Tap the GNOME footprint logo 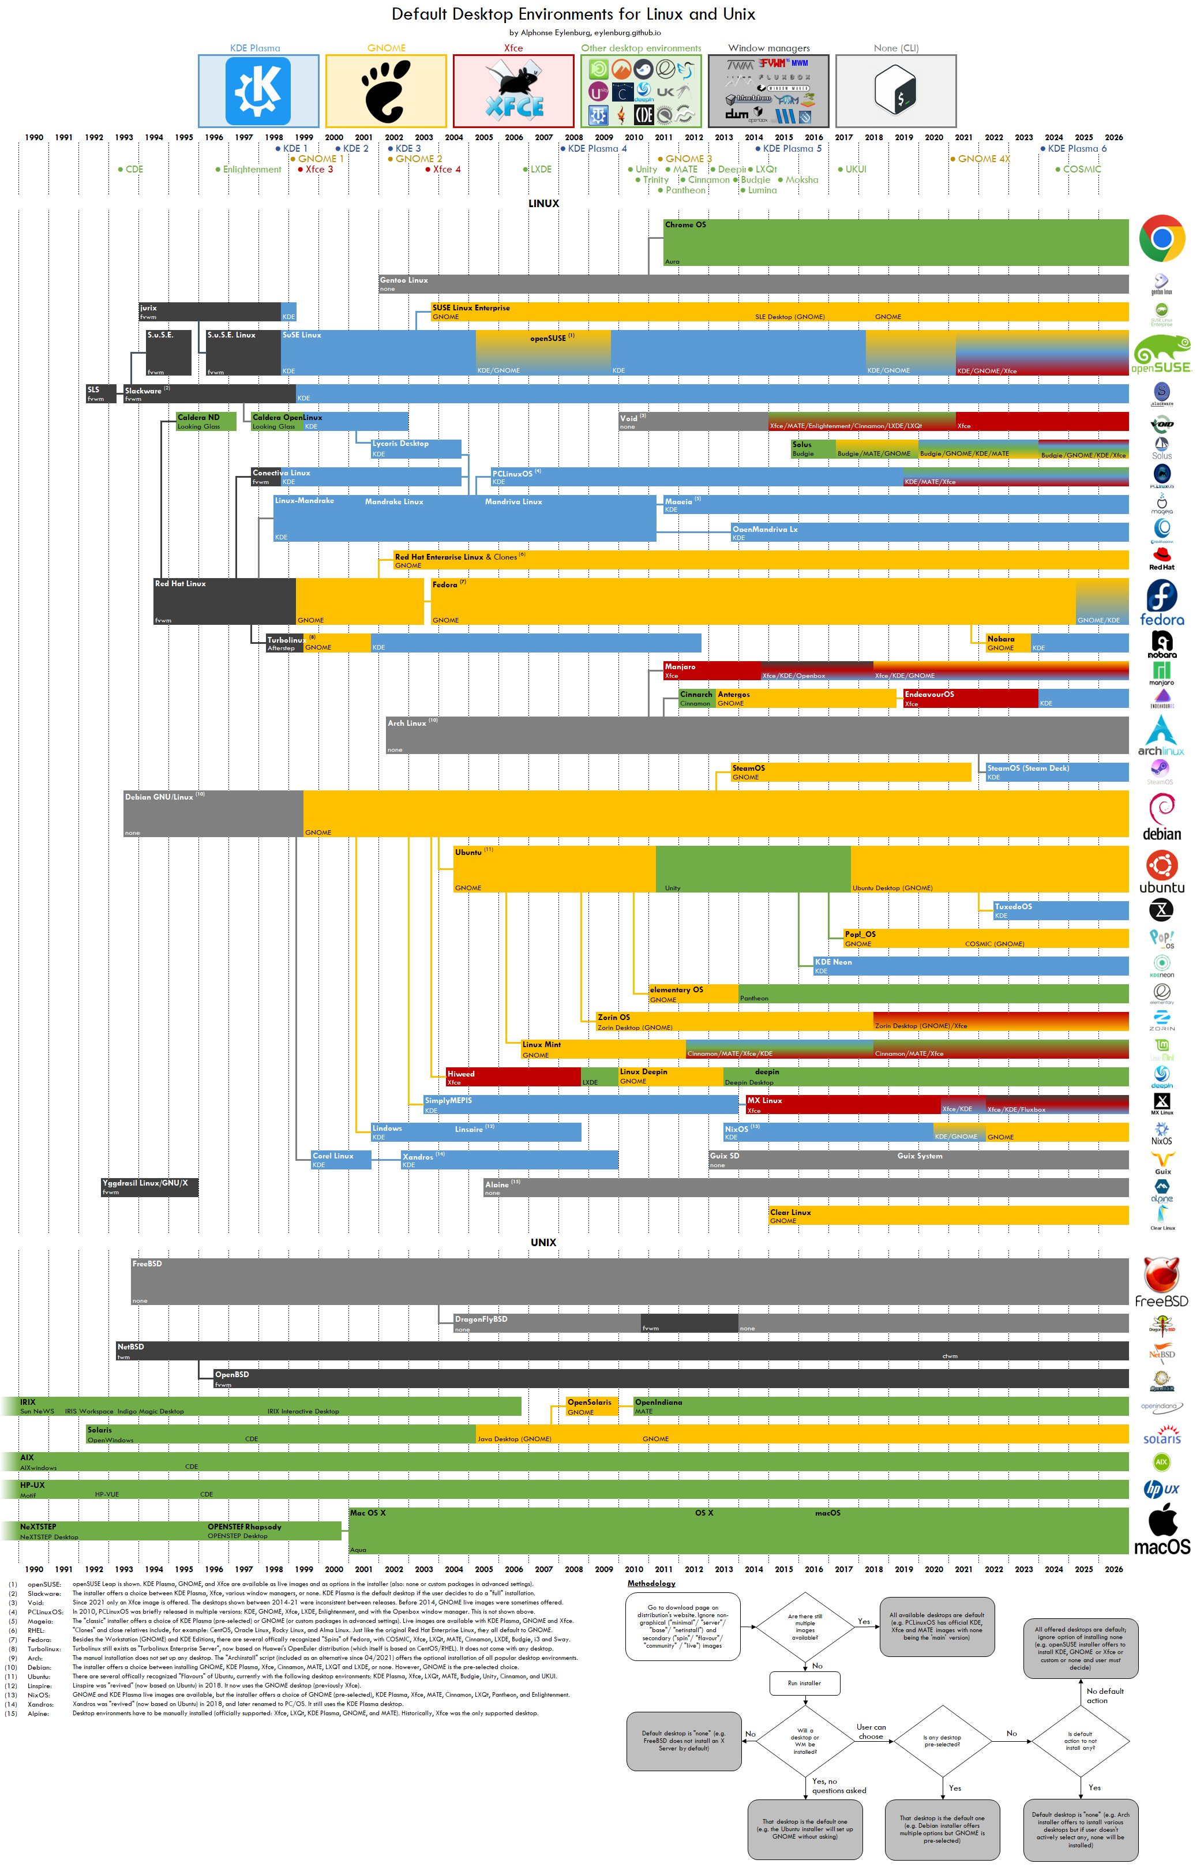tap(386, 92)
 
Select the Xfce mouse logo tap(513, 92)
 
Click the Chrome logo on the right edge tap(1162, 238)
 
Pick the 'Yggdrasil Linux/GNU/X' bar tap(148, 1187)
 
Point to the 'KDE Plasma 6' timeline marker tap(1077, 148)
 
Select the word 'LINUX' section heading tap(543, 203)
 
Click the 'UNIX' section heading tap(543, 1242)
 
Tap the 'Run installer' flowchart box tap(804, 1683)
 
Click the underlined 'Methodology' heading tap(651, 1583)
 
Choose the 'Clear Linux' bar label tap(790, 1213)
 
